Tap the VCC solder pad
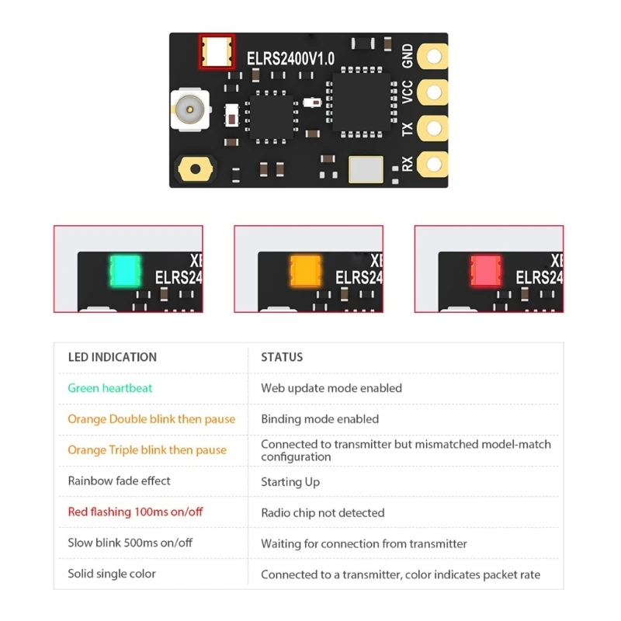click(x=432, y=91)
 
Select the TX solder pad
click(x=432, y=127)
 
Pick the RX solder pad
click(x=432, y=164)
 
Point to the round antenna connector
click(x=189, y=109)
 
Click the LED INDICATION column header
click(x=112, y=357)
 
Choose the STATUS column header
click(x=282, y=357)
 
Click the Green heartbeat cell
click(x=110, y=388)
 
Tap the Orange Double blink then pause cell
click(x=151, y=419)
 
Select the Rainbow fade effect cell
click(x=120, y=481)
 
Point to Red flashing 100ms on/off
click(x=135, y=512)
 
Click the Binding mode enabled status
click(x=320, y=419)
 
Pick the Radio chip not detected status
click(x=323, y=512)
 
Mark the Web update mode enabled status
click(x=331, y=388)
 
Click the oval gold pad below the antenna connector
click(x=193, y=167)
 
